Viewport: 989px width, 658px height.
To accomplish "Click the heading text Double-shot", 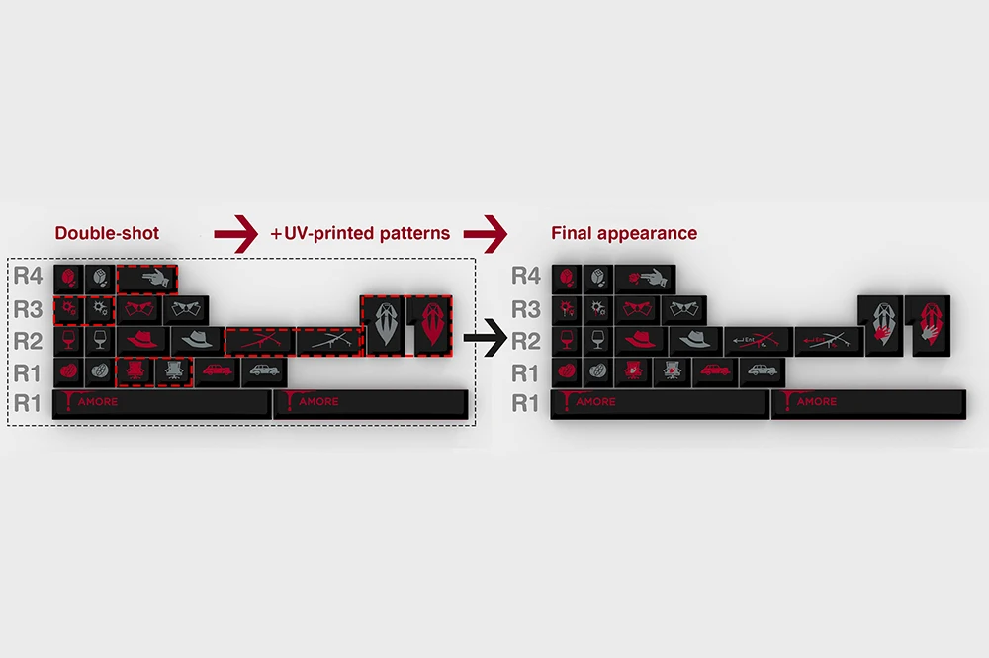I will tap(106, 234).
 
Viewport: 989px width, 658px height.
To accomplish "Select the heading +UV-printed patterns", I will tap(360, 234).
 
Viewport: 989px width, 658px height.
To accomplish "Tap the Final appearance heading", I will tap(624, 234).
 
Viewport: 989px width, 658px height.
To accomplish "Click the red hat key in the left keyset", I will tap(142, 341).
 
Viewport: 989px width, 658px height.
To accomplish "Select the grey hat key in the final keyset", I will tap(694, 341).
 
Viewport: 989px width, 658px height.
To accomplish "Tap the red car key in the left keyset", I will tap(214, 371).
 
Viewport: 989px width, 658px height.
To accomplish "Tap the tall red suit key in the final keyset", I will tap(928, 324).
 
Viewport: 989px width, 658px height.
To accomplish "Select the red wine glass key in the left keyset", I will tap(68, 341).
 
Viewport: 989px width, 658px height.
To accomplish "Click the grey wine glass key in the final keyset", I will tap(597, 341).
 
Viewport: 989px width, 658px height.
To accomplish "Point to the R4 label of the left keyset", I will tap(29, 278).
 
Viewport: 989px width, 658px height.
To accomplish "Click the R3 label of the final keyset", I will tap(526, 309).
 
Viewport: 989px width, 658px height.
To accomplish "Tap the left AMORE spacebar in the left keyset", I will tap(161, 403).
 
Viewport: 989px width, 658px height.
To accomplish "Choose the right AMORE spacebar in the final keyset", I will tap(867, 403).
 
